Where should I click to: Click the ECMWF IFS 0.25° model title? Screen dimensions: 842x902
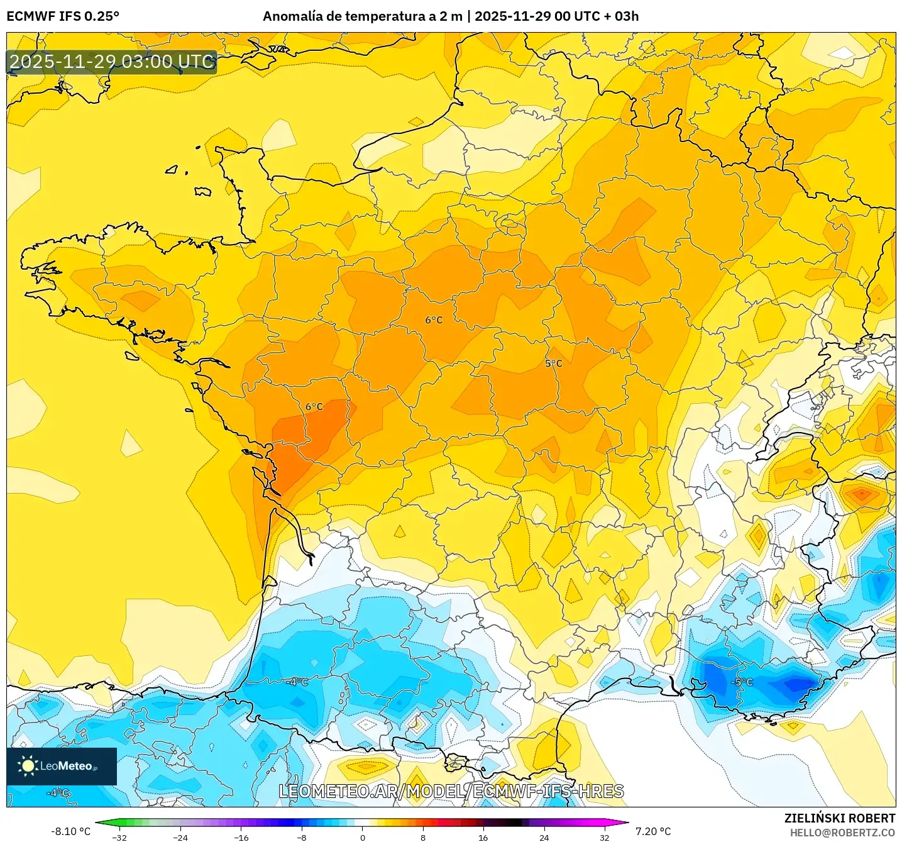(x=63, y=16)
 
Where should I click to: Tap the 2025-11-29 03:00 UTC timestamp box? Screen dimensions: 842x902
(x=112, y=62)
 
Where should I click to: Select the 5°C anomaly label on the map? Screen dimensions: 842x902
(x=553, y=363)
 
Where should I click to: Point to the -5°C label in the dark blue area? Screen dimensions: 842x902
(x=742, y=682)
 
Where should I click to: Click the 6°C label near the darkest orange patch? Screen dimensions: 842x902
(x=314, y=407)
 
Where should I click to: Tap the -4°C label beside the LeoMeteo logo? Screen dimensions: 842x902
(x=58, y=793)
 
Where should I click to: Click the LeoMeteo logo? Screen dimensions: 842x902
(x=62, y=766)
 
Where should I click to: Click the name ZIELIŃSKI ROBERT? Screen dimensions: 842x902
(x=839, y=818)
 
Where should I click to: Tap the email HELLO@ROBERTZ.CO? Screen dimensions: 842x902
(x=842, y=833)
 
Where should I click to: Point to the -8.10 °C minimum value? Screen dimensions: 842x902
(x=70, y=831)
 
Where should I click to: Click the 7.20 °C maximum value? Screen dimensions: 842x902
(x=653, y=831)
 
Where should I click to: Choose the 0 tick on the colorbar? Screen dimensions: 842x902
(x=362, y=837)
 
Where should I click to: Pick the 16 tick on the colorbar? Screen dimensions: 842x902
(x=483, y=837)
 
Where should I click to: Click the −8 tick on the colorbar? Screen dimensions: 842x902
(x=301, y=837)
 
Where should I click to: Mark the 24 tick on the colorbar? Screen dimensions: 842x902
(x=544, y=837)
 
